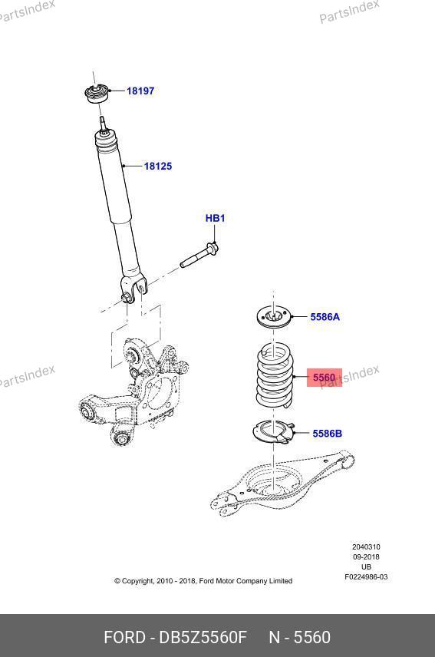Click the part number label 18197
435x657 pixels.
point(140,91)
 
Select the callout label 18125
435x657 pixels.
point(158,167)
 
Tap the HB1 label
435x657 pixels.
point(215,218)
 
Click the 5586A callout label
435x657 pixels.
point(325,317)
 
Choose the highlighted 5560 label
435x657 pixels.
point(325,378)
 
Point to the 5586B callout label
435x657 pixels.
point(327,433)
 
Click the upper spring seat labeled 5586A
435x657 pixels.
point(274,318)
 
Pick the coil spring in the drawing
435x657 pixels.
point(275,376)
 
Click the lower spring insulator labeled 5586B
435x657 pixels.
point(274,433)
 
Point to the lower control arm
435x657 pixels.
point(282,484)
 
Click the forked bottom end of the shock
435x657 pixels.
point(134,289)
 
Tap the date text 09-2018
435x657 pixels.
point(366,557)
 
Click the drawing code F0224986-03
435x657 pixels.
point(366,577)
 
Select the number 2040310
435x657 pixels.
point(366,546)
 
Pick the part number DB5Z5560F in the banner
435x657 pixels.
point(203,637)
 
